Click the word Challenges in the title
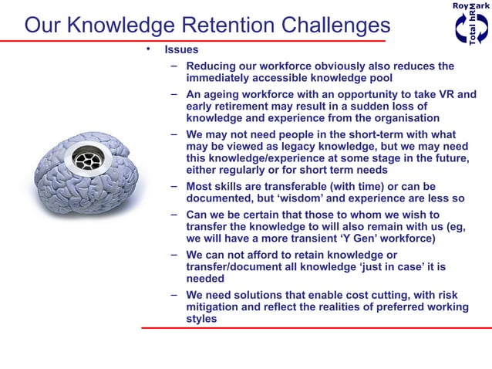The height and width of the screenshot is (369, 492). point(324,25)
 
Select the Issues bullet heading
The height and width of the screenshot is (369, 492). point(180,50)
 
